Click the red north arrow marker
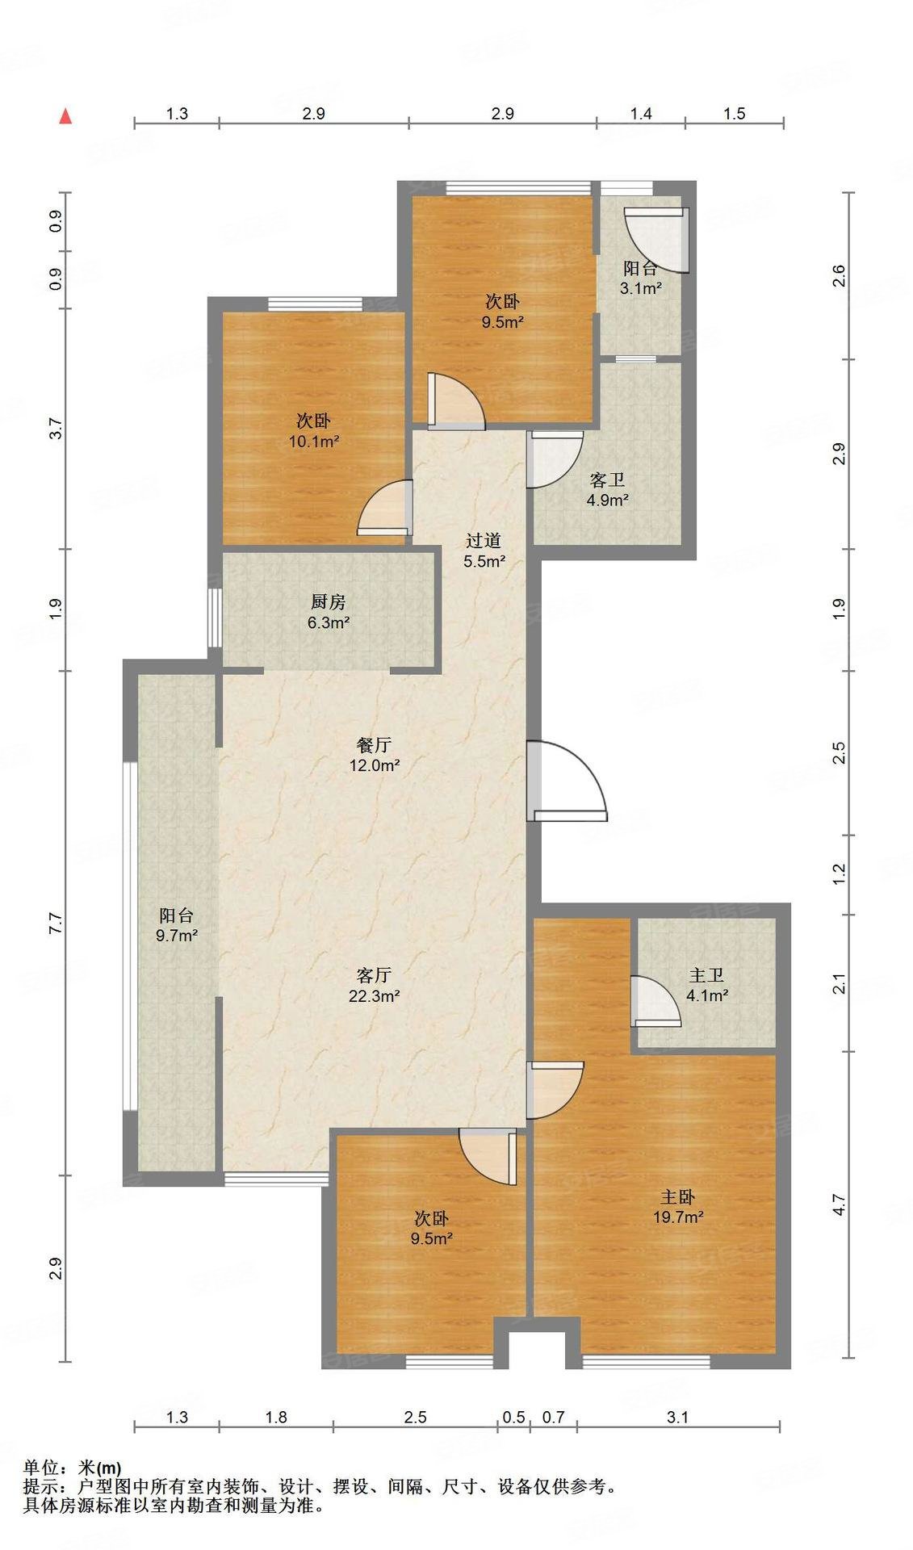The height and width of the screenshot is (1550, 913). tap(66, 115)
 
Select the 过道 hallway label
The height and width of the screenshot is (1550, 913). tap(484, 541)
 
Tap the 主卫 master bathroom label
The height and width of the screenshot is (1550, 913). tap(706, 976)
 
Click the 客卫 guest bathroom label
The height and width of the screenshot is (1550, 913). tap(607, 480)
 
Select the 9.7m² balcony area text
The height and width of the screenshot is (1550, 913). tap(177, 936)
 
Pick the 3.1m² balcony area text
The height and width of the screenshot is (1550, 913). tap(641, 288)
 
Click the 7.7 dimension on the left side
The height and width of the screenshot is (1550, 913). tap(55, 923)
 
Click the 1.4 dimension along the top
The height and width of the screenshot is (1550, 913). tap(641, 114)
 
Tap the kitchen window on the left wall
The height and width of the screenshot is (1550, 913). tap(214, 618)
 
